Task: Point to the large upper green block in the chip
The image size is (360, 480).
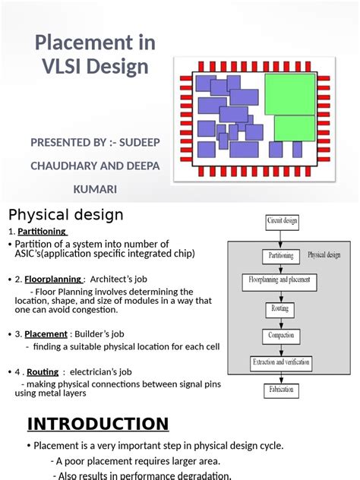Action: [x=289, y=93]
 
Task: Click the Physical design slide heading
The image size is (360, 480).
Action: [x=65, y=215]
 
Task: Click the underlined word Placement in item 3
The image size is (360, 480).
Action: [x=46, y=333]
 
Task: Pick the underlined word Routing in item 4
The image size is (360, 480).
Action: [x=43, y=372]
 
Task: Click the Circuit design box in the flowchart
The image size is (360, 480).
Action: [x=282, y=222]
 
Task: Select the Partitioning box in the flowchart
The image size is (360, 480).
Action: [x=282, y=256]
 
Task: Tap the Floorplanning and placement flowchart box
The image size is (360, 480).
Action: [x=279, y=283]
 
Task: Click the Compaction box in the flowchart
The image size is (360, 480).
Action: [x=280, y=336]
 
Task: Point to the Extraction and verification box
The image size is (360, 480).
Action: [x=280, y=362]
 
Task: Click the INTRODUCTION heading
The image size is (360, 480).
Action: [x=97, y=424]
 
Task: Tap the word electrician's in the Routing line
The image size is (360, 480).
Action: [x=99, y=372]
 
